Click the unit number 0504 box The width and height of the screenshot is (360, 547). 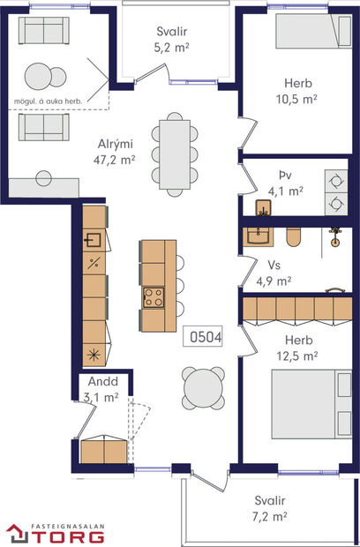point(203,336)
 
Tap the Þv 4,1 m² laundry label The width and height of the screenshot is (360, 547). point(284,182)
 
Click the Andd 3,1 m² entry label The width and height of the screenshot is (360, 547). point(101,391)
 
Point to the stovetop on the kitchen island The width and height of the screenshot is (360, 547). point(154,296)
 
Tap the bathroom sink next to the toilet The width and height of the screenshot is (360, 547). point(259,235)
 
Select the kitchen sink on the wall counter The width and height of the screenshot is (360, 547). point(94,239)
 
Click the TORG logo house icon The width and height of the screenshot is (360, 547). point(18,533)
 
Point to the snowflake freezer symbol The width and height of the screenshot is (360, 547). point(94,356)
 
